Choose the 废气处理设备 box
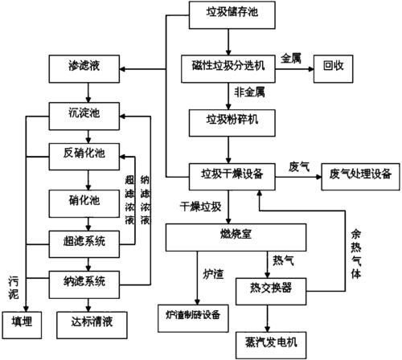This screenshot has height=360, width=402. click(x=358, y=173)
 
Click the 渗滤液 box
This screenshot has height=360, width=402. click(x=84, y=65)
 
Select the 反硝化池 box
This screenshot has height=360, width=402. click(x=84, y=152)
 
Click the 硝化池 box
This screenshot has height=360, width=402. click(x=84, y=198)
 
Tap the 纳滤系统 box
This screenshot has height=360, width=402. click(x=84, y=282)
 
